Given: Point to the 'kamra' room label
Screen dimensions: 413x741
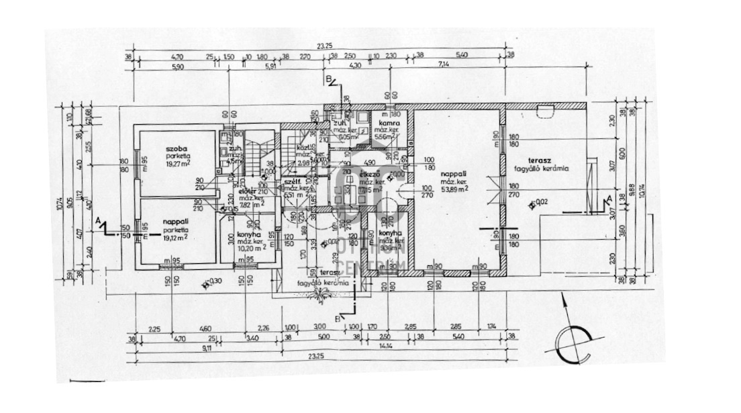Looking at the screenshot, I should pos(389,125).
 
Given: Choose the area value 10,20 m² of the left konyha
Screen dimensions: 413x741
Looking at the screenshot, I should pos(250,246).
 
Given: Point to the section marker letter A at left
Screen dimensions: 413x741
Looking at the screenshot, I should pos(99,220).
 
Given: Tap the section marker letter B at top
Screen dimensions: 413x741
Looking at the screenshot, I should pos(329,80).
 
